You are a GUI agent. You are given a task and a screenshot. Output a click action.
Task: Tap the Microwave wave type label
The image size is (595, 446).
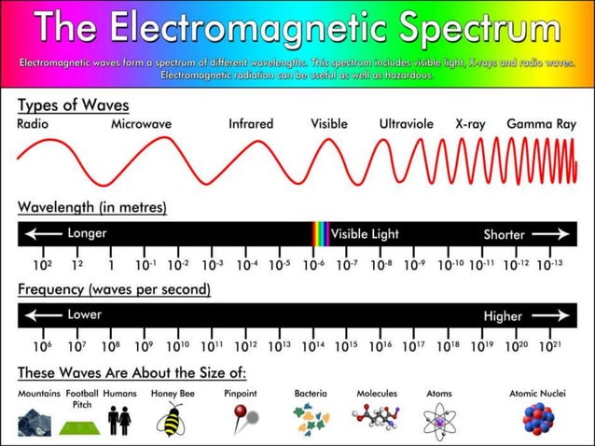tap(142, 123)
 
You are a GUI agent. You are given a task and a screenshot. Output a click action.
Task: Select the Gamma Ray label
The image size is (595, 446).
tap(541, 123)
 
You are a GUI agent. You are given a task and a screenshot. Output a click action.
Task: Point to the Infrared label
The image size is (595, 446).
tap(251, 123)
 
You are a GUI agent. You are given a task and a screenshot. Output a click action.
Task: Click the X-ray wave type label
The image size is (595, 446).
tap(470, 123)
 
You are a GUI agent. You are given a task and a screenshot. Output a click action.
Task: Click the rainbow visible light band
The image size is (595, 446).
tap(320, 233)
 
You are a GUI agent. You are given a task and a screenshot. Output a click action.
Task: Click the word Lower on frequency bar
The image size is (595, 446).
tap(85, 314)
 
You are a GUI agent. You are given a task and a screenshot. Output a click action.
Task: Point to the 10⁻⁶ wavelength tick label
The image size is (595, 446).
tap(314, 265)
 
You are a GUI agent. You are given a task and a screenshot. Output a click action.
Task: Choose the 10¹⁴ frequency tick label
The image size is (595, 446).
tap(313, 346)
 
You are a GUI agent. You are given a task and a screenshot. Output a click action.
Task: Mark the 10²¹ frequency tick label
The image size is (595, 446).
tap(550, 346)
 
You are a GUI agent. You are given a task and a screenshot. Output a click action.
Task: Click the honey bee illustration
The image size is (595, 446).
tap(173, 420)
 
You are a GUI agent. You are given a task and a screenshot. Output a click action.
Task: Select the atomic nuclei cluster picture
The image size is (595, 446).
tap(537, 420)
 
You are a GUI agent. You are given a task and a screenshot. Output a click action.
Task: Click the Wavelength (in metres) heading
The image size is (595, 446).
tap(92, 206)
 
